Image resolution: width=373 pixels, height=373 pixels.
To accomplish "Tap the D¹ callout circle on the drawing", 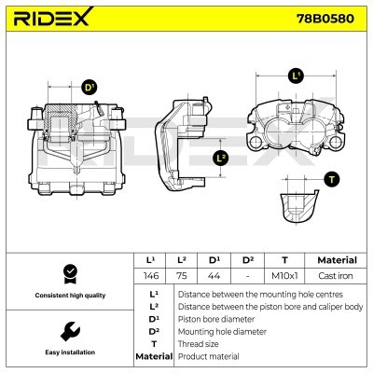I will tap(90, 88).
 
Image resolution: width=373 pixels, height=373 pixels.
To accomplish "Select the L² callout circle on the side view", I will tap(221, 158).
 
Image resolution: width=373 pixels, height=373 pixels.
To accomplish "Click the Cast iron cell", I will tap(336, 277).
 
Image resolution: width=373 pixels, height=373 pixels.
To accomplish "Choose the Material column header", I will tap(336, 260).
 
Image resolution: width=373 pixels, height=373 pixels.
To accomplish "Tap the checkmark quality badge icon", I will tap(69, 273).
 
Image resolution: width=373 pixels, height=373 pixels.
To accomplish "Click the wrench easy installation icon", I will tap(69, 330).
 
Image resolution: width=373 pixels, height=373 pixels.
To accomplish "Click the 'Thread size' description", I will tap(200, 343).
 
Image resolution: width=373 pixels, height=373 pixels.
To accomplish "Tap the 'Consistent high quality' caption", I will tap(69, 295).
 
